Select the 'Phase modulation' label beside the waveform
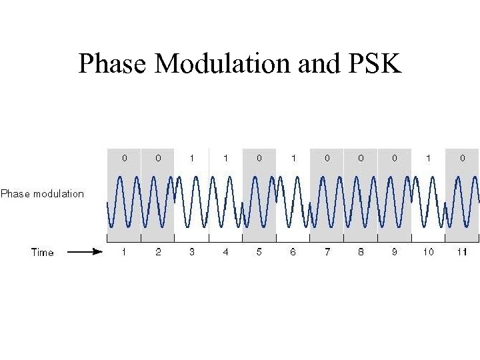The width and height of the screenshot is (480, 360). tap(43, 194)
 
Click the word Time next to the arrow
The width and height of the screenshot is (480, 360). tap(43, 252)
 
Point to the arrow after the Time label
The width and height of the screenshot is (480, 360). tap(85, 252)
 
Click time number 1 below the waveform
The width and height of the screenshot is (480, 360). tap(124, 252)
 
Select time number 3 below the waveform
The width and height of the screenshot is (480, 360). tap(192, 252)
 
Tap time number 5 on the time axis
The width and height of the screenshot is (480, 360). tap(259, 252)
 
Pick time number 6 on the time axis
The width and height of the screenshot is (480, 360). tap(293, 252)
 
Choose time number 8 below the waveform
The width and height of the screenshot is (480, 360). tap(361, 252)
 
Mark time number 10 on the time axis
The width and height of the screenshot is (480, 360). tap(428, 252)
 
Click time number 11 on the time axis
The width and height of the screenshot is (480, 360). tap(462, 252)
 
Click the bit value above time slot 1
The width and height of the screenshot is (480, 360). tap(124, 159)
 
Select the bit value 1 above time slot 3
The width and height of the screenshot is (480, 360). tap(192, 159)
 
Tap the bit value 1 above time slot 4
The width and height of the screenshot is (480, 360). tap(225, 159)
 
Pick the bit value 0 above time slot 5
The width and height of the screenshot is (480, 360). tap(259, 159)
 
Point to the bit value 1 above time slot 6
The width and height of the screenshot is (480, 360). tap(293, 159)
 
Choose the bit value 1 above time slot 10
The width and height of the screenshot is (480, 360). tap(428, 159)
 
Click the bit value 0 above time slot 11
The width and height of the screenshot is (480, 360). tap(462, 159)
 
